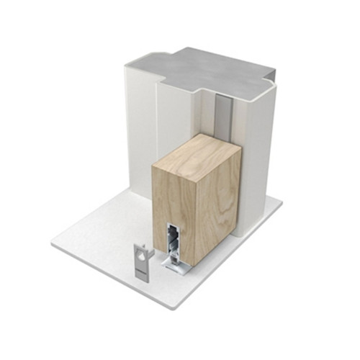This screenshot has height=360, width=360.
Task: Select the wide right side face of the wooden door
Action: (x=212, y=202)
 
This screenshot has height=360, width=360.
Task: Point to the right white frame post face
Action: (x=256, y=158)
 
